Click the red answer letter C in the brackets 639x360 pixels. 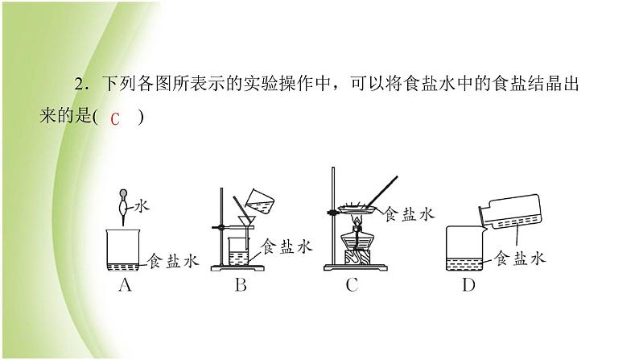click(115, 119)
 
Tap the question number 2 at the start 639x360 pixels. click(79, 85)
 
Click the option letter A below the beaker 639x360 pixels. click(125, 284)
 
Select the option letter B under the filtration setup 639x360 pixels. click(241, 284)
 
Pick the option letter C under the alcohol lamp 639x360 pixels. click(352, 284)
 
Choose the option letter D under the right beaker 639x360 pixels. click(468, 284)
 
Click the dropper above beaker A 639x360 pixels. click(123, 207)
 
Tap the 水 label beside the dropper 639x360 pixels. click(142, 206)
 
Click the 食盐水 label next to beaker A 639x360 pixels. click(173, 261)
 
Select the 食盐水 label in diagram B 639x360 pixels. click(287, 246)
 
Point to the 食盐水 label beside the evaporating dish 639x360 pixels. click(410, 214)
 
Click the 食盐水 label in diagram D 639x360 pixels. click(520, 258)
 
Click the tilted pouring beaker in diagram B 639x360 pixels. click(260, 201)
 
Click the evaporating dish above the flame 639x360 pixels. click(356, 209)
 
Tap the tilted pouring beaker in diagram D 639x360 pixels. click(509, 213)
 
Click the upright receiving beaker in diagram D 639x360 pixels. click(464, 248)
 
